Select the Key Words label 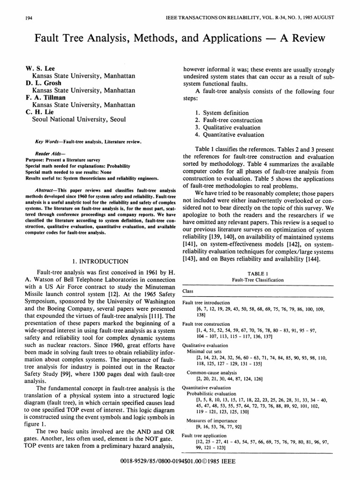[x=49, y=141]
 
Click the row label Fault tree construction [x=206, y=324]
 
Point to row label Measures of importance [x=212, y=420]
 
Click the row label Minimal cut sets [x=204, y=351]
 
